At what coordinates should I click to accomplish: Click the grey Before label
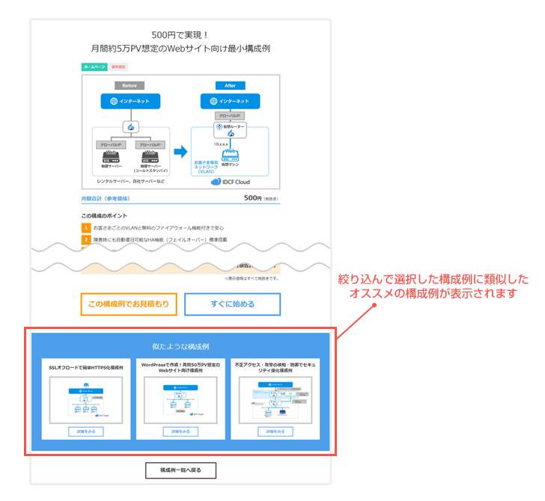tap(129, 85)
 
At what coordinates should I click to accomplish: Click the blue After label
tap(230, 85)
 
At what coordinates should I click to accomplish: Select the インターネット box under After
tap(230, 101)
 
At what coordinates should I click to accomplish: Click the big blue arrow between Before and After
tap(180, 152)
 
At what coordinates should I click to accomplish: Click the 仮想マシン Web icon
tap(230, 155)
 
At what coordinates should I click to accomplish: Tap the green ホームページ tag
tap(94, 67)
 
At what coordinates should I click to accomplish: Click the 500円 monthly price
tap(253, 199)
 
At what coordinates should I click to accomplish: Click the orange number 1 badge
tap(86, 227)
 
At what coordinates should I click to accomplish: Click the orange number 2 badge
tap(86, 240)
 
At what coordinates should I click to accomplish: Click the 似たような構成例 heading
tap(180, 347)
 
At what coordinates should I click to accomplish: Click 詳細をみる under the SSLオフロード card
tap(86, 431)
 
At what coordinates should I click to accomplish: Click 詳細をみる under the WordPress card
tap(180, 431)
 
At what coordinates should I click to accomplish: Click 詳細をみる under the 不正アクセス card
tap(274, 431)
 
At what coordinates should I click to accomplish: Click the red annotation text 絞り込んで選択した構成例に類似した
tap(433, 280)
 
